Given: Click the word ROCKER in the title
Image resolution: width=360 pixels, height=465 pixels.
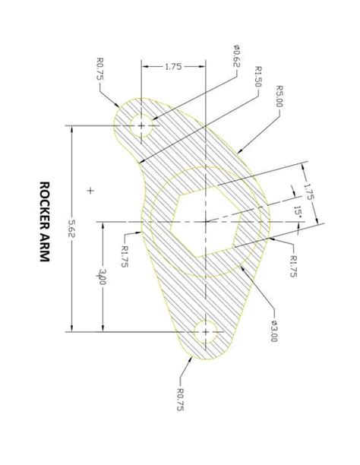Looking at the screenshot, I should (x=44, y=204).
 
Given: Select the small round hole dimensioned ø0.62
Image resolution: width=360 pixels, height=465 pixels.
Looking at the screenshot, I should (x=141, y=124).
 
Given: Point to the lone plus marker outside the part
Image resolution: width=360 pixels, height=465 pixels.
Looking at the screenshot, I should (x=90, y=191).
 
